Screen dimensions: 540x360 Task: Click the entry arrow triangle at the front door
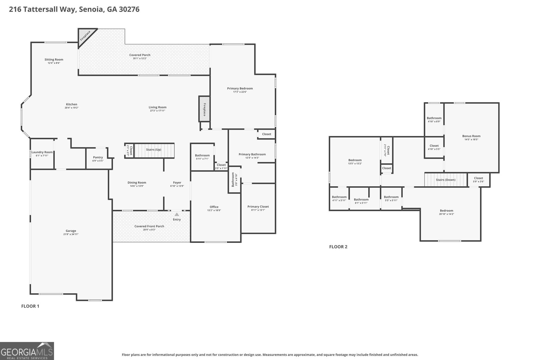177,214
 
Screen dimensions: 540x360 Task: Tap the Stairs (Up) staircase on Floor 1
154,150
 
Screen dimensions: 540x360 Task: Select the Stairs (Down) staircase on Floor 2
446,180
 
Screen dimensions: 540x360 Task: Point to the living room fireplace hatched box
204,109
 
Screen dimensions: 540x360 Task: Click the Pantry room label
98,157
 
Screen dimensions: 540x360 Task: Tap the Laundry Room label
42,152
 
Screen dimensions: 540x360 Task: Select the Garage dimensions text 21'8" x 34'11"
71,234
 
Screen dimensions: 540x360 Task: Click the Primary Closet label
258,206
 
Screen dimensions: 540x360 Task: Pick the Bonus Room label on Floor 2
471,136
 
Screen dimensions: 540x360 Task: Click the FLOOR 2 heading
338,247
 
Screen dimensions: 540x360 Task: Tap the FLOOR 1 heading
30,306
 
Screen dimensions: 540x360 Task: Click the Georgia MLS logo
27,351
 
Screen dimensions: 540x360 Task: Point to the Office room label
214,207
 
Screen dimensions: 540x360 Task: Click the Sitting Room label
54,59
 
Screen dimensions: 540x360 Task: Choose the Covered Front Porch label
149,226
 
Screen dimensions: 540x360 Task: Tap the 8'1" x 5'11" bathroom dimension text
361,203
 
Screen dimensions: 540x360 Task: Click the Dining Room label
137,183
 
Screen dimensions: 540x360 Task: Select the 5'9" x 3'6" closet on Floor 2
479,180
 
